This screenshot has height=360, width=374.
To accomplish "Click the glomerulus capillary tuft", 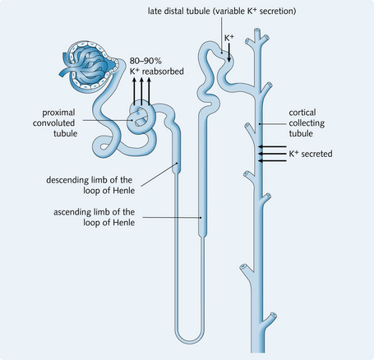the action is [88, 65].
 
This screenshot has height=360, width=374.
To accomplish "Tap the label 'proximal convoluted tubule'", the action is [54, 123].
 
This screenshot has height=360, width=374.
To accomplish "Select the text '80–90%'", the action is [145, 61].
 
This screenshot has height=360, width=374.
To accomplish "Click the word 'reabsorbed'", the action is [163, 72].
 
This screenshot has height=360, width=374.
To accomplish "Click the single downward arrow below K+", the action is [229, 53].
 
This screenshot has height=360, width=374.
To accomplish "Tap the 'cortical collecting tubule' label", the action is [307, 123].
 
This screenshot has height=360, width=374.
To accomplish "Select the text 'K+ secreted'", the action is [311, 154].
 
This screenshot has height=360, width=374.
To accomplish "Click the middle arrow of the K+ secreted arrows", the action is [272, 154].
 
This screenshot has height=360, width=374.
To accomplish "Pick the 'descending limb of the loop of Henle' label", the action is [90, 185].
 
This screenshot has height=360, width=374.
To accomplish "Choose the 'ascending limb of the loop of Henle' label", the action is [94, 217].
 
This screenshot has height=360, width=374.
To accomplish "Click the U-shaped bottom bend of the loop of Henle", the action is [190, 336].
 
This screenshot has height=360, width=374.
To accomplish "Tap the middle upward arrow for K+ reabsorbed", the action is [141, 91].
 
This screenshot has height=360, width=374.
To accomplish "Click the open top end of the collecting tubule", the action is [257, 30].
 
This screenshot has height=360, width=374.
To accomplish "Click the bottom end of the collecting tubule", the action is [257, 351].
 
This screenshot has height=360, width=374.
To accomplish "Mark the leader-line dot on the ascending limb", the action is [201, 218].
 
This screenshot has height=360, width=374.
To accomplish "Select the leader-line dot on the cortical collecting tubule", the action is [259, 124].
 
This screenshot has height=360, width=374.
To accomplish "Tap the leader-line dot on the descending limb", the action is [177, 163].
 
